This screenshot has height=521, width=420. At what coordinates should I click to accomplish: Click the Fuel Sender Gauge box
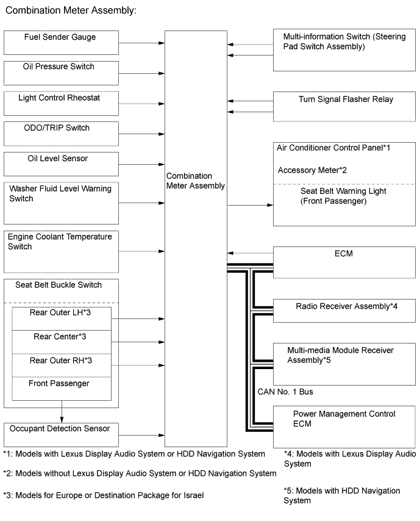click(x=61, y=42)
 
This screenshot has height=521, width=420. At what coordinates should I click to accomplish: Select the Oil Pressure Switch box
click(x=61, y=73)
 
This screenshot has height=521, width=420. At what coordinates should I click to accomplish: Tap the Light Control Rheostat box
click(x=61, y=103)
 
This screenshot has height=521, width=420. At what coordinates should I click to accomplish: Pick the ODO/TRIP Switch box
click(x=61, y=134)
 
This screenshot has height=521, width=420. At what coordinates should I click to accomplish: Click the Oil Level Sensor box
click(x=61, y=164)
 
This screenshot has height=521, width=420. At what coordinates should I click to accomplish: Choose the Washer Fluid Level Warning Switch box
click(x=61, y=203)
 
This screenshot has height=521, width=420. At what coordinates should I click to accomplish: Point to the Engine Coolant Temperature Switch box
click(x=61, y=251)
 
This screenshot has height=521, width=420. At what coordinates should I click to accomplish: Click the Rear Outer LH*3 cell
click(x=62, y=318)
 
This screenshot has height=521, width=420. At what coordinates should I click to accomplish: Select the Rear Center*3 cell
click(x=62, y=342)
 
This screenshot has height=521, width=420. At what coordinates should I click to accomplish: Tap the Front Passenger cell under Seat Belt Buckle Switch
click(x=62, y=388)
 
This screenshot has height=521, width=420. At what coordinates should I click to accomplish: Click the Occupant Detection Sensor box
click(x=61, y=435)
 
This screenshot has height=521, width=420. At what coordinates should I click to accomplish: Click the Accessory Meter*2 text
click(x=312, y=170)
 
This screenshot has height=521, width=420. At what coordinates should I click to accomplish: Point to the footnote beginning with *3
click(x=103, y=495)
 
